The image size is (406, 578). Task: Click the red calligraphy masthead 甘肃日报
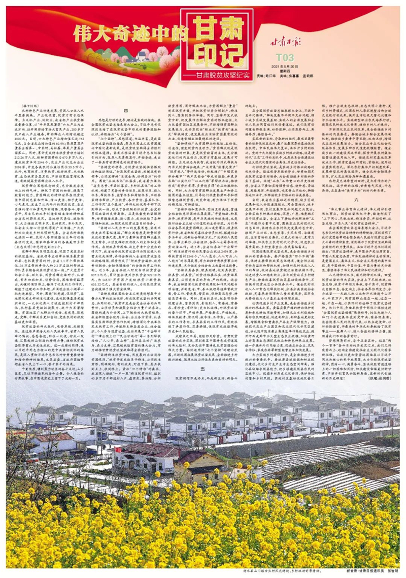(285, 42)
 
